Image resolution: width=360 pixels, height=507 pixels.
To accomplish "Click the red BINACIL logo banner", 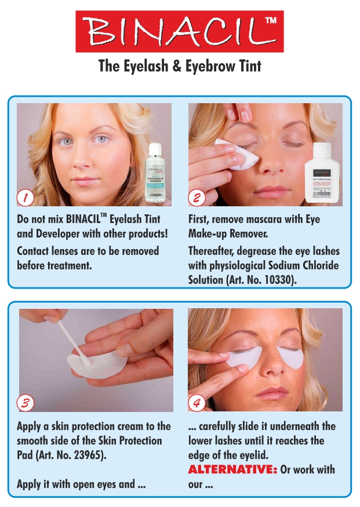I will pyautogui.click(x=180, y=31).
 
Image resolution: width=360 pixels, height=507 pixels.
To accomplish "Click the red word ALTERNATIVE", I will pyautogui.click(x=232, y=469).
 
